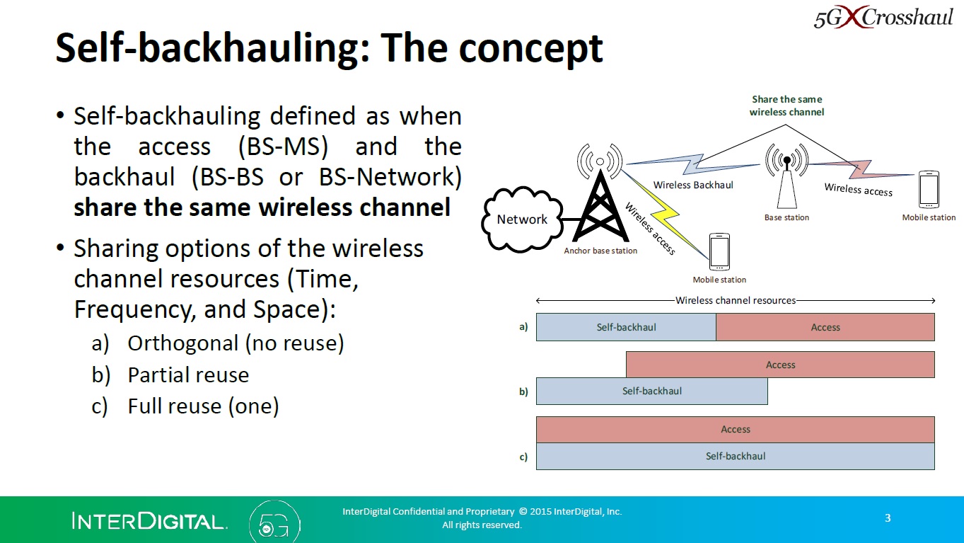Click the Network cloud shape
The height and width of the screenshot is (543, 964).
click(522, 219)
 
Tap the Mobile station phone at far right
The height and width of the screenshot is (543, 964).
click(928, 189)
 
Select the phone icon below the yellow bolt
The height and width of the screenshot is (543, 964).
click(719, 251)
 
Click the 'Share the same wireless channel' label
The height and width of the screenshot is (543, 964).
click(786, 105)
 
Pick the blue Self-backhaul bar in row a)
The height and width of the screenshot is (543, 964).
click(626, 327)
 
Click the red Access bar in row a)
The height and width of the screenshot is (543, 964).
click(825, 327)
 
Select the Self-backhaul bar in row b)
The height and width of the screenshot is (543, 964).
click(651, 391)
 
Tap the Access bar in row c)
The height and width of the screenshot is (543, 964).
click(735, 429)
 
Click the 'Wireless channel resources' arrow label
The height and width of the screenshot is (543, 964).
click(736, 300)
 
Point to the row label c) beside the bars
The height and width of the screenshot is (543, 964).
click(523, 457)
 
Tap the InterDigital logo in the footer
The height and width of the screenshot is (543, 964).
click(149, 522)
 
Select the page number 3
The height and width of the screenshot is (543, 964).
click(888, 518)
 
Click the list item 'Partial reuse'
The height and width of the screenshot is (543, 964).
click(188, 375)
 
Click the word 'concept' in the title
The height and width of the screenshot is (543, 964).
click(531, 48)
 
